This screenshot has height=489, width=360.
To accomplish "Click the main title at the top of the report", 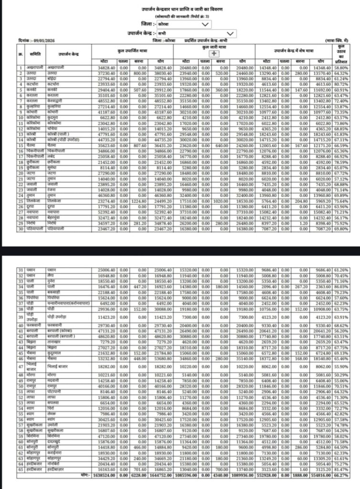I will pos(180,9).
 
